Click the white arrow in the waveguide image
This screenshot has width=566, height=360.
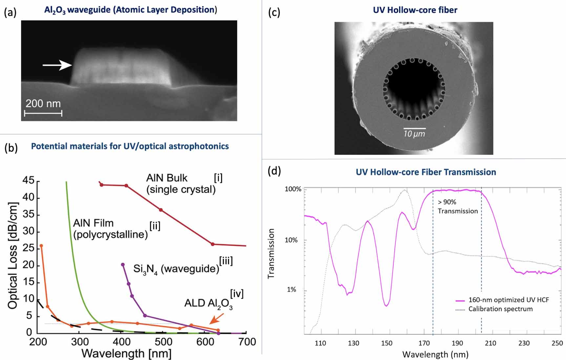tap(57, 65)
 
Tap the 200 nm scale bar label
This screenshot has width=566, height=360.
tap(43, 104)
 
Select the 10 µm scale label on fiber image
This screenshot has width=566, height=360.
tap(414, 134)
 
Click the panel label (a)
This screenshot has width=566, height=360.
tap(10, 12)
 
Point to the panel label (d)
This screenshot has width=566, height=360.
tap(274, 171)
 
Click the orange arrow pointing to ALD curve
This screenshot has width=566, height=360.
tap(217, 318)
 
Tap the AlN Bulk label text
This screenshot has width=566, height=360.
tap(167, 178)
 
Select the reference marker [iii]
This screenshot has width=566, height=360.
tap(226, 261)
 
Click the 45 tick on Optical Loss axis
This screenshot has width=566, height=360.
tap(28, 180)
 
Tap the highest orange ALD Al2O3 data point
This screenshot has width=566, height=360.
tap(41, 246)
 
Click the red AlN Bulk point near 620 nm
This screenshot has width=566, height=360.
tap(212, 244)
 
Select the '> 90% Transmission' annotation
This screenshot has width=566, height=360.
tap(457, 207)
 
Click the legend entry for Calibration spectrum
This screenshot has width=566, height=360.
tap(500, 309)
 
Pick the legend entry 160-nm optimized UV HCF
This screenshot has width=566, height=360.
tap(508, 300)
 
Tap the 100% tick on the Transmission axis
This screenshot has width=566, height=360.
tap(293, 189)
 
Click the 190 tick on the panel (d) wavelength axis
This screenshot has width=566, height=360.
tap(457, 343)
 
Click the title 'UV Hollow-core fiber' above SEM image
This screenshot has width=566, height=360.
tap(415, 10)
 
